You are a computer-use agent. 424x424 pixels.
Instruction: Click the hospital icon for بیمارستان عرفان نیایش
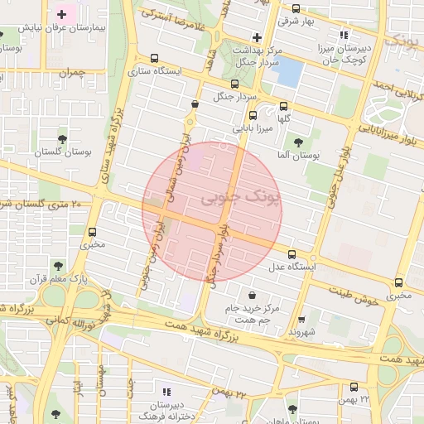[62, 14]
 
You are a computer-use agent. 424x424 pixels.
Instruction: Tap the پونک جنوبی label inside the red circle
[229, 200]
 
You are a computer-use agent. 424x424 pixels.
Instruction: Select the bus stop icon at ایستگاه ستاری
[154, 59]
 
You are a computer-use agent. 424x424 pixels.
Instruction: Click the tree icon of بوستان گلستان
[63, 140]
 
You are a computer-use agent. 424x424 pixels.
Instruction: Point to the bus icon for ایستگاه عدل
[291, 254]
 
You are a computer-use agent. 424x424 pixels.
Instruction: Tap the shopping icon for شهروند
[301, 319]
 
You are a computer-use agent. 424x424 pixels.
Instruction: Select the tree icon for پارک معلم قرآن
[57, 266]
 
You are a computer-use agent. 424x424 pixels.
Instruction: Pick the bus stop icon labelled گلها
[284, 106]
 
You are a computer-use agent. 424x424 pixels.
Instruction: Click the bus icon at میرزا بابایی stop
[253, 116]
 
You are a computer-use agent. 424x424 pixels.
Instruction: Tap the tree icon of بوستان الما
[298, 142]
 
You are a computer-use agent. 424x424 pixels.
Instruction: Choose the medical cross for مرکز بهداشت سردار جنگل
[258, 37]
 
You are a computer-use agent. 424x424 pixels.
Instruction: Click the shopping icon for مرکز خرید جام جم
[251, 295]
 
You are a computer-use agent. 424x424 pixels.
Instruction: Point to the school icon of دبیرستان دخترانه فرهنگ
[166, 391]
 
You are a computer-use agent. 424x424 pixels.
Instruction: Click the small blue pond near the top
[289, 73]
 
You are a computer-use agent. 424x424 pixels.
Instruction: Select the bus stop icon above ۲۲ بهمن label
[354, 387]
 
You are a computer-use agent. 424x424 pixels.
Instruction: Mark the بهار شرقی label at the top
[294, 21]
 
